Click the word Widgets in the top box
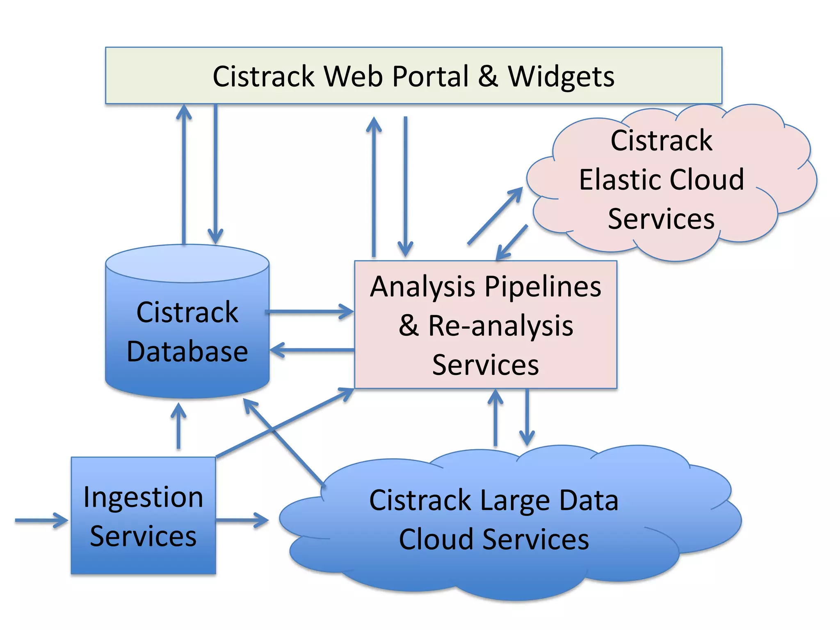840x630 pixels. click(x=561, y=77)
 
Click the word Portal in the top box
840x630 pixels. click(x=430, y=77)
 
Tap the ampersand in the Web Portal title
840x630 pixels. click(x=488, y=77)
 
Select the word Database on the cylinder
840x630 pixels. click(x=187, y=352)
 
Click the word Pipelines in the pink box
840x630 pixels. click(x=543, y=286)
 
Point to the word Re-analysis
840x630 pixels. click(x=500, y=326)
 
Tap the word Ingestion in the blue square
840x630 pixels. click(x=143, y=498)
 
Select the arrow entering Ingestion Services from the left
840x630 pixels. click(x=41, y=520)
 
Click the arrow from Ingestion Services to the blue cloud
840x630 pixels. click(x=242, y=520)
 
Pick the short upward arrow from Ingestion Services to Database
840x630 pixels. click(x=178, y=427)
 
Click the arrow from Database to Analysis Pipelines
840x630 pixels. click(x=310, y=311)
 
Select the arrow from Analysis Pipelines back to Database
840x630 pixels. click(x=312, y=350)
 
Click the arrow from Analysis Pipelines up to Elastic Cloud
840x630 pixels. click(x=494, y=217)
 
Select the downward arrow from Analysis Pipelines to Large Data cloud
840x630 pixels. click(x=527, y=416)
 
